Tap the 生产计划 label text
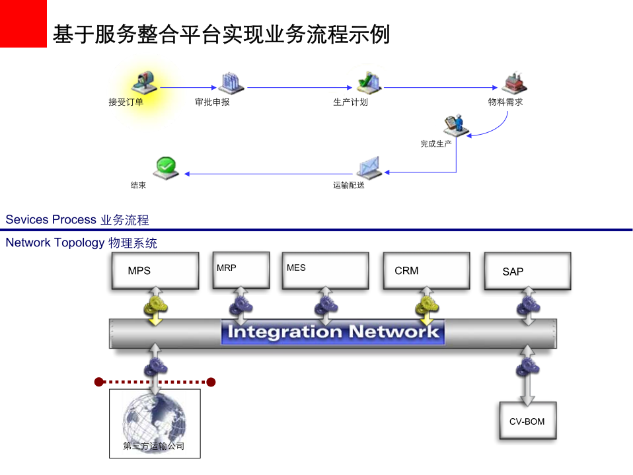350,102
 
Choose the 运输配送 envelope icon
369,168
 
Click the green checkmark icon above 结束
166,166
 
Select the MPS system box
155,270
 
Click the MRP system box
241,269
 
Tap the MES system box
325,270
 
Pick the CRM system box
426,270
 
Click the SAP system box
527,271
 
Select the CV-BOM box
527,421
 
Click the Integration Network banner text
332,332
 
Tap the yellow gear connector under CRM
426,306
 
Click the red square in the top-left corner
23,23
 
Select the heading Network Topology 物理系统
81,243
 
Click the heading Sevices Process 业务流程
77,220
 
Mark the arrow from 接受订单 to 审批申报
188,87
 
